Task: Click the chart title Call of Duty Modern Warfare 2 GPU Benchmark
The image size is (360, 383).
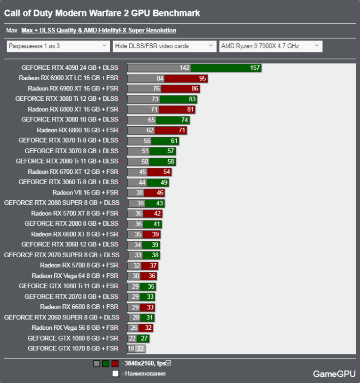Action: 102,13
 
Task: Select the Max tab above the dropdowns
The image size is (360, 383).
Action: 12,31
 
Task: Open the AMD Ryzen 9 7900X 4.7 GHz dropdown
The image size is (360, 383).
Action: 270,46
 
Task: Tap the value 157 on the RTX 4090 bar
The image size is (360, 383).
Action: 255,68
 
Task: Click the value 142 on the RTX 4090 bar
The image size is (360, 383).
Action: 184,68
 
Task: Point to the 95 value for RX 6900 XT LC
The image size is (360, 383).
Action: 203,78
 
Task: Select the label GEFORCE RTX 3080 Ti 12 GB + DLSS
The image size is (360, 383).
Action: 66,99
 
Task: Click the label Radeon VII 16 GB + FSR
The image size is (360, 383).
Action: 85,192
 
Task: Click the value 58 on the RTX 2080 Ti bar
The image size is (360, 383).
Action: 171,162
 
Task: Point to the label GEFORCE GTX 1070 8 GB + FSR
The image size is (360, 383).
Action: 73,349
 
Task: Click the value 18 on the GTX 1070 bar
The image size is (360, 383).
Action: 131,349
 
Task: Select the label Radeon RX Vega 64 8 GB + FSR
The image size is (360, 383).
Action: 75,276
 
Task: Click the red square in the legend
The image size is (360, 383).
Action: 115,364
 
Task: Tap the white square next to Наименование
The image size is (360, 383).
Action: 115,374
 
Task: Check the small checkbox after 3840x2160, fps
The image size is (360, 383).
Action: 168,363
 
